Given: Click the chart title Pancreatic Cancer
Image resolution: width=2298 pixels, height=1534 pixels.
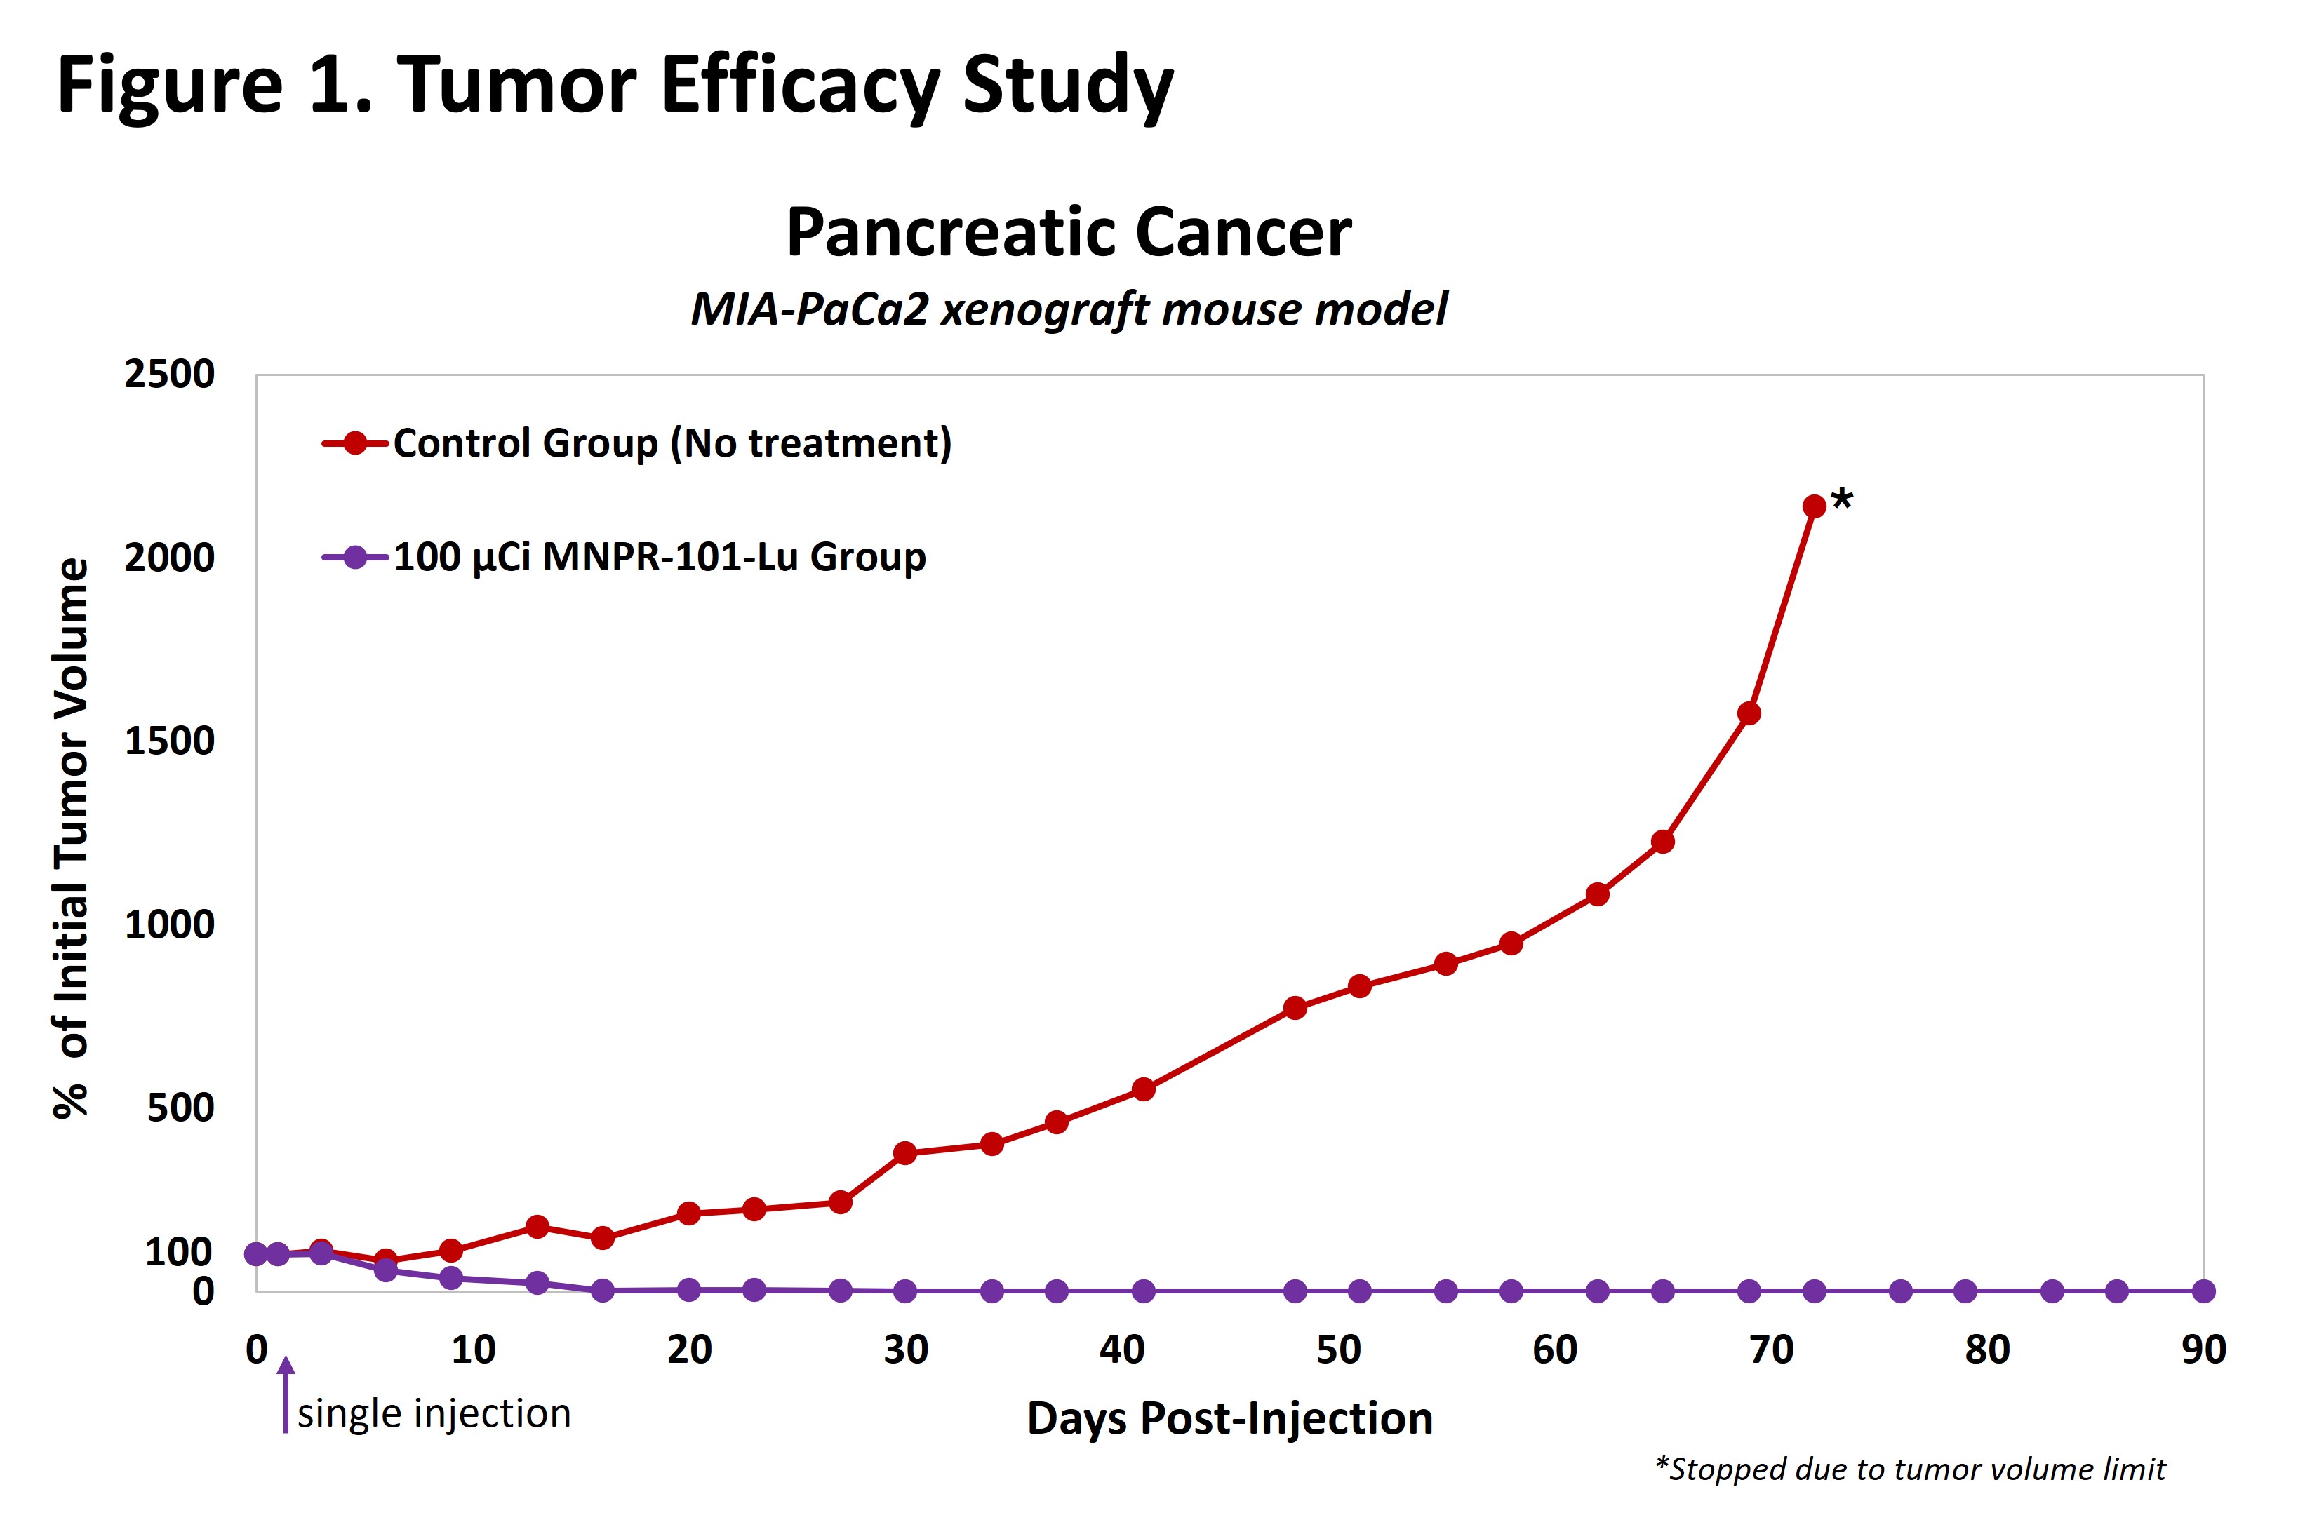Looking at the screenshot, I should click(x=1069, y=233).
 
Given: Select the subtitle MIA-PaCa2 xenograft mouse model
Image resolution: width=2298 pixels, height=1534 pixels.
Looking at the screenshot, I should click(x=1069, y=309).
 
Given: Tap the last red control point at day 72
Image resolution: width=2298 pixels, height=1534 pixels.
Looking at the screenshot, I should click(x=1814, y=506).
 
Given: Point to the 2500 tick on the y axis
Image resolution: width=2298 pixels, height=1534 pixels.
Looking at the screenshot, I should click(x=169, y=374).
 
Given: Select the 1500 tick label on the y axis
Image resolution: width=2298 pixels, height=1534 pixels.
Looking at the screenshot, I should click(x=169, y=741).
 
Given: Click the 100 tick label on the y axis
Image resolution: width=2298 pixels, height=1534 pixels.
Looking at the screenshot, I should click(x=178, y=1251).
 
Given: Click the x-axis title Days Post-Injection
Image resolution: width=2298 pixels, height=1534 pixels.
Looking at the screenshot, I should click(x=1229, y=1418).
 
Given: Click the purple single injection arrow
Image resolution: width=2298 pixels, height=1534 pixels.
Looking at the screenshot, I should click(x=286, y=1394).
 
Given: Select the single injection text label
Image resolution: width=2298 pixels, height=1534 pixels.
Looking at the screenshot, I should click(x=434, y=1413).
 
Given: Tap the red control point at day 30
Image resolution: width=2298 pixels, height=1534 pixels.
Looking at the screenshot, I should click(x=905, y=1153).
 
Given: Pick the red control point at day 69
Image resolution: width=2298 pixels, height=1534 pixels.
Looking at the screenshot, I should click(x=1749, y=713).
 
